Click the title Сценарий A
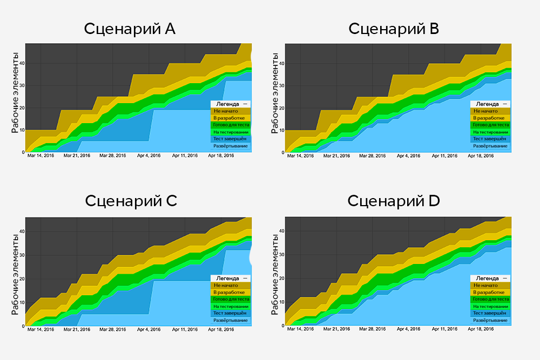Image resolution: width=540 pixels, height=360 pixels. pyautogui.click(x=130, y=29)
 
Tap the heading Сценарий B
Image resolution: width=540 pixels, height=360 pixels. pyautogui.click(x=394, y=29)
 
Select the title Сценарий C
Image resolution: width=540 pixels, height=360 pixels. pyautogui.click(x=131, y=201)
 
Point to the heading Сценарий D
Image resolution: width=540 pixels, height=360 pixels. pyautogui.click(x=394, y=201)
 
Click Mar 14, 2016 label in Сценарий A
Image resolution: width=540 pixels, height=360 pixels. pyautogui.click(x=41, y=155)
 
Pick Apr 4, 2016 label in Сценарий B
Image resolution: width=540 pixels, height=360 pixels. pyautogui.click(x=408, y=155)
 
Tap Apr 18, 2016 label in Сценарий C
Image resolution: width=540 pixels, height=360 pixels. pyautogui.click(x=220, y=329)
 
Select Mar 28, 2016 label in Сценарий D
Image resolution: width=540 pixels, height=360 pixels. pyautogui.click(x=373, y=329)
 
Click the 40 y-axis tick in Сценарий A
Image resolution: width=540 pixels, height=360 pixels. pyautogui.click(x=22, y=64)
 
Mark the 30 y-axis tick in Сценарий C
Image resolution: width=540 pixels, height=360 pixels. pyautogui.click(x=22, y=255)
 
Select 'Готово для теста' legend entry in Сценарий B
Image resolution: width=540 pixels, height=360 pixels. pyautogui.click(x=490, y=125)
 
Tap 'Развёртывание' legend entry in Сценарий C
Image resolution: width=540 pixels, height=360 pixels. pyautogui.click(x=231, y=320)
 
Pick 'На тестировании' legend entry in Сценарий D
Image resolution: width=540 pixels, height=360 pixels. pyautogui.click(x=490, y=306)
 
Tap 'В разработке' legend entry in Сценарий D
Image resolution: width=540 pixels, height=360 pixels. pyautogui.click(x=490, y=292)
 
